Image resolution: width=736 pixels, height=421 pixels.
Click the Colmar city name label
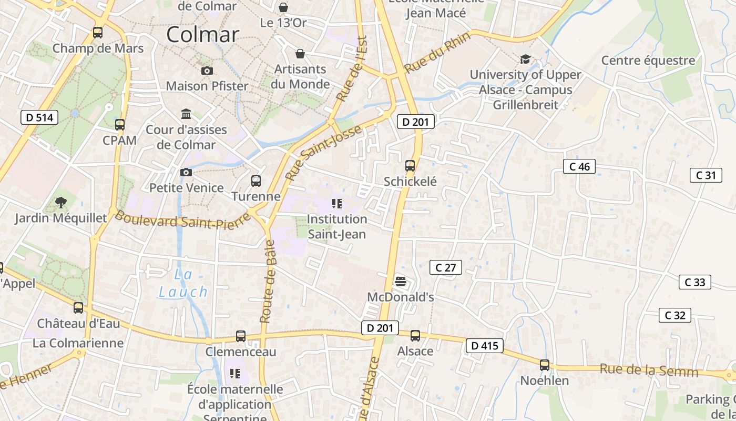coord(203,35)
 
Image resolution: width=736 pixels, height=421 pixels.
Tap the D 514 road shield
coord(39,117)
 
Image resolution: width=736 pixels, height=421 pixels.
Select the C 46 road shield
coord(580,167)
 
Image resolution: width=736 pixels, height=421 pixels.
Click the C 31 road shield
coord(706,175)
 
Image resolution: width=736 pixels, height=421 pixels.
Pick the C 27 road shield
coord(446,267)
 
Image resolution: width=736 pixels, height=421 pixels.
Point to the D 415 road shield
coord(484,346)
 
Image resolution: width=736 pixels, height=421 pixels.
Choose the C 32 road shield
coord(674,315)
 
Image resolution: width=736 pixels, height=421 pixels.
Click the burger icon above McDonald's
coord(401,282)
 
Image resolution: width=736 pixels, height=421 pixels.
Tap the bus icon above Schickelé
coord(410,166)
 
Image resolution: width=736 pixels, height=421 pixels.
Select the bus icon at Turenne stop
coord(256,181)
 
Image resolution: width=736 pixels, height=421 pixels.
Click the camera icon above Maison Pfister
coord(207,71)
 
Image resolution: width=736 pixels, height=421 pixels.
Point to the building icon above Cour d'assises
coord(186,114)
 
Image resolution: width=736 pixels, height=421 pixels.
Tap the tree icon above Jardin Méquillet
coord(61,202)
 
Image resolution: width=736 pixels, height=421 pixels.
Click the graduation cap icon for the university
coord(525,59)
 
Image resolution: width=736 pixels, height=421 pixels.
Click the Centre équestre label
coord(648,60)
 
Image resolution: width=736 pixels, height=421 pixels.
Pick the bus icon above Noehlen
coord(545,365)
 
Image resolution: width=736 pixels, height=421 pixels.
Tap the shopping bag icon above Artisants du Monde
coord(300,54)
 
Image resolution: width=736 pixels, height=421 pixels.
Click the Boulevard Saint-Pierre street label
coord(181,220)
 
